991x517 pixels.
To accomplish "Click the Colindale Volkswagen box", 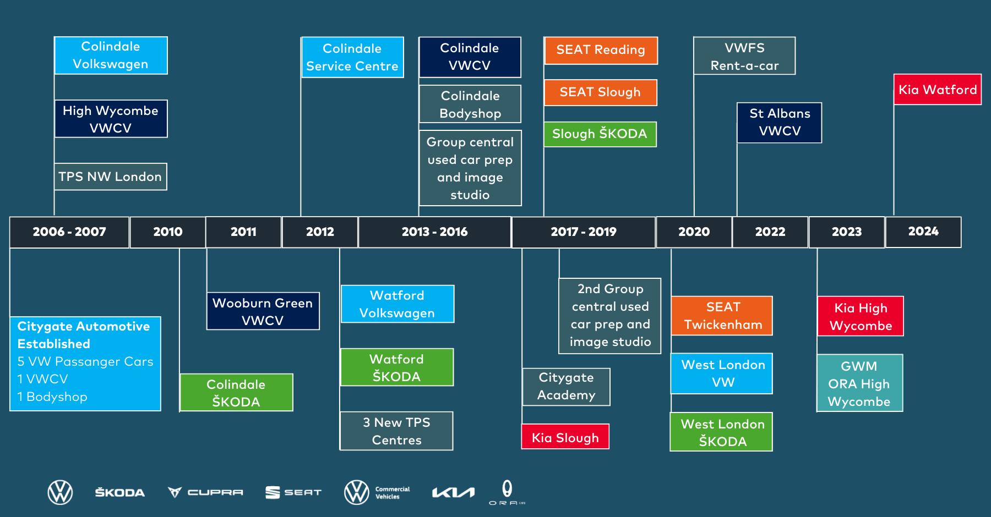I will pos(111,56).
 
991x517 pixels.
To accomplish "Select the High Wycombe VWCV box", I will pos(111,119).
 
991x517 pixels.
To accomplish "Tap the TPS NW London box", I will pos(110,177).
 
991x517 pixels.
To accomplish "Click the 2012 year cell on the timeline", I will pos(320,232).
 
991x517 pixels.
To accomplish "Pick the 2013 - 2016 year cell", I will pos(434,232).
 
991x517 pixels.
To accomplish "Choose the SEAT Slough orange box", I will pos(600,92).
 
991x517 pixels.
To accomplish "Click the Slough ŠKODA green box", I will pos(600,134).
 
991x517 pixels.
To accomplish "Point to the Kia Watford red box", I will pos(937,90).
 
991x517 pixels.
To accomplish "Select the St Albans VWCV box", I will pos(779,123).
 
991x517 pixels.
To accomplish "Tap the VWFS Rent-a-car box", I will pos(744,56).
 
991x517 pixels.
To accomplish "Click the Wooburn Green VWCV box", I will pos(263,311).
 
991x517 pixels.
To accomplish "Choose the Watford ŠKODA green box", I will pos(397,367).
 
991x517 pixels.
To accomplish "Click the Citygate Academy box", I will pos(566,387).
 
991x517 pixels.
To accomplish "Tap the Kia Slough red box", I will pos(565,437).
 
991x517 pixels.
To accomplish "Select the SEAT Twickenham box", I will pos(722,316).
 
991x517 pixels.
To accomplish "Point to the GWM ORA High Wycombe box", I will pos(859,383).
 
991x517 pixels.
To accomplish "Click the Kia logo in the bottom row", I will pos(453,492).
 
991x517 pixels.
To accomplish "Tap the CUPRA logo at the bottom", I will pos(205,492).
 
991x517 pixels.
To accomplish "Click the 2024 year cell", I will pos(923,232).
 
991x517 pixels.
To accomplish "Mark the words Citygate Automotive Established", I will pos(84,335).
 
